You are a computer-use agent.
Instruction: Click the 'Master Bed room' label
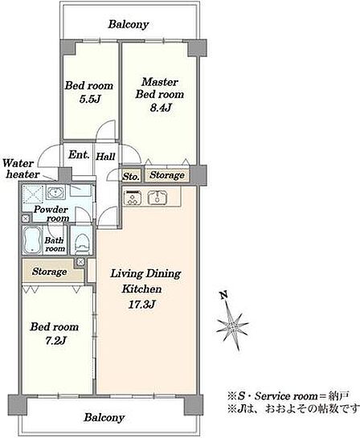160,88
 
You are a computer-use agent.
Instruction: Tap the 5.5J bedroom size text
89,99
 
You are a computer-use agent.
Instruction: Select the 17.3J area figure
141,305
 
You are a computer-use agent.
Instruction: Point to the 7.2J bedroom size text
56,341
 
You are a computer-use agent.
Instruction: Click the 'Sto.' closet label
131,177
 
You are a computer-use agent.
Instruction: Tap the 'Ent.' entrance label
79,154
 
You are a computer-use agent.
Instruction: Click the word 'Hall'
105,156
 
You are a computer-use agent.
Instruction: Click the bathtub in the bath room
32,240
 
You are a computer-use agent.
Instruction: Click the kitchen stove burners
132,197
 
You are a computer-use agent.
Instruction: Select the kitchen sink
157,197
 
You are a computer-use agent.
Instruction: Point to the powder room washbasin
56,192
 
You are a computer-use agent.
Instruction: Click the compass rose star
233,325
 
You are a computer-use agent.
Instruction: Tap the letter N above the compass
223,295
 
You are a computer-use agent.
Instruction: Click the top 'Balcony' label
129,25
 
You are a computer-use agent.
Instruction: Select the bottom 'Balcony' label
104,418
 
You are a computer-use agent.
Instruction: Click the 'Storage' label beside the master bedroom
167,175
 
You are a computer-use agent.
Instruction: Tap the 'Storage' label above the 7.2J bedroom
50,272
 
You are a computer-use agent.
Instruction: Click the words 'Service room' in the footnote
286,396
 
